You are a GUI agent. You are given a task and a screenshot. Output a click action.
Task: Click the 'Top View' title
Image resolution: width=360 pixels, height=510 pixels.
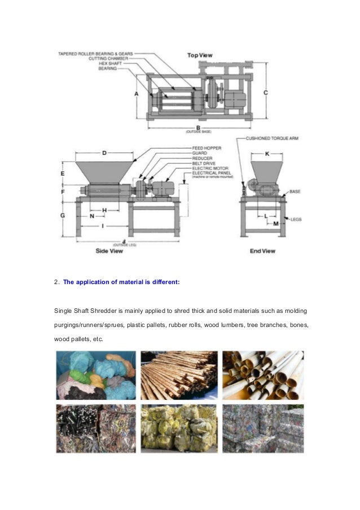point(200,55)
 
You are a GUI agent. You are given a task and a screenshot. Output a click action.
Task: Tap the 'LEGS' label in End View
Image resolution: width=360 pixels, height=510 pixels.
point(296,218)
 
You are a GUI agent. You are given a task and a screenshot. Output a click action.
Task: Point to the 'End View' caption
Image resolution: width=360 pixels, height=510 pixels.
point(262,251)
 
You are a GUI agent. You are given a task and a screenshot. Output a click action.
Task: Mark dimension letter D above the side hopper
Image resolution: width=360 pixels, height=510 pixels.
point(104,153)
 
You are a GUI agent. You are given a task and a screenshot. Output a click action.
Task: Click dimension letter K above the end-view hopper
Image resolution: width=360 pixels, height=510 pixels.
point(267,154)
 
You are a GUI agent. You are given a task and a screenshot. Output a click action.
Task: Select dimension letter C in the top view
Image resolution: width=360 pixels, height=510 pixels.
point(265,93)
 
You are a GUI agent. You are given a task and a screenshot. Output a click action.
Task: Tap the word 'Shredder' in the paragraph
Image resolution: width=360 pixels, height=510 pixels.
point(104,311)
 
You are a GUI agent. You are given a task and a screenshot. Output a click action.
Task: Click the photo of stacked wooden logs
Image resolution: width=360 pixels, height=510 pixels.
point(179,376)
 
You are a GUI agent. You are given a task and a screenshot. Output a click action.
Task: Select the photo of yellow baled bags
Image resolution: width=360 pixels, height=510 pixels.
point(179,428)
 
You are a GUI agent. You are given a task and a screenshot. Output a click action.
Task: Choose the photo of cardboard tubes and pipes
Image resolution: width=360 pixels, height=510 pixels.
point(262,376)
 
